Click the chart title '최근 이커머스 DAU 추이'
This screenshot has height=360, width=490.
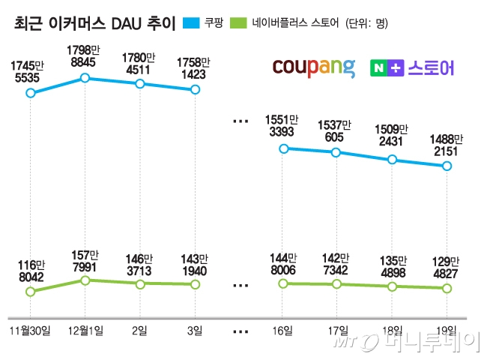point(94,25)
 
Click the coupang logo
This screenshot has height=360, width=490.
point(313,67)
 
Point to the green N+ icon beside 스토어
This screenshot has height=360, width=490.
point(387,68)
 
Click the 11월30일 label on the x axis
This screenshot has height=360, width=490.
point(30,330)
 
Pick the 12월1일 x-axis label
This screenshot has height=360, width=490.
point(85,330)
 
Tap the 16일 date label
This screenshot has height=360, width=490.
point(282,330)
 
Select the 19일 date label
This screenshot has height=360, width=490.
point(447,330)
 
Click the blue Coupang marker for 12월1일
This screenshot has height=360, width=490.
point(85,77)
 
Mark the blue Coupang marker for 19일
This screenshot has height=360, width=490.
point(447,166)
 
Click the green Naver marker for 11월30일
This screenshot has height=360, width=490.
point(30,291)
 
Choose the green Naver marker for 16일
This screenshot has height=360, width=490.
point(282,283)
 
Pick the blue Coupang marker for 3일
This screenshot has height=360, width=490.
point(196,89)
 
